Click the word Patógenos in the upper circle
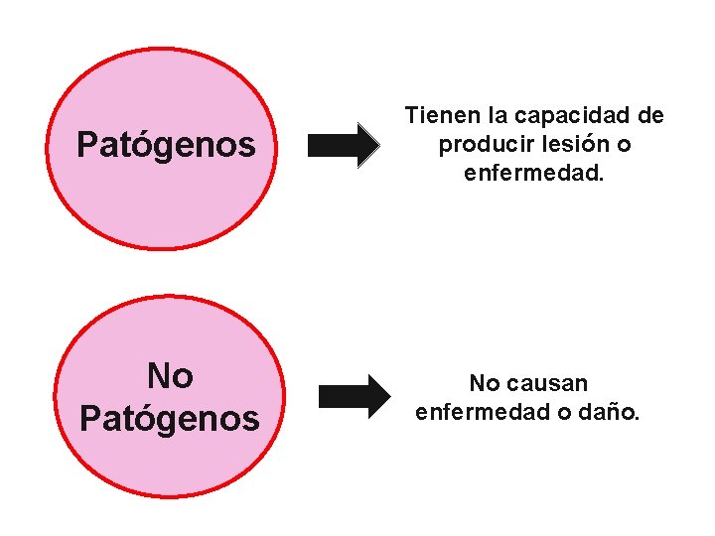point(166,146)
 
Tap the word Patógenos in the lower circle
point(169,418)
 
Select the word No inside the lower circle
point(170,376)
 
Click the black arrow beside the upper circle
point(343,146)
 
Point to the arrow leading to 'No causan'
point(355,396)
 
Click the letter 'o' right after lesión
point(623,146)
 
